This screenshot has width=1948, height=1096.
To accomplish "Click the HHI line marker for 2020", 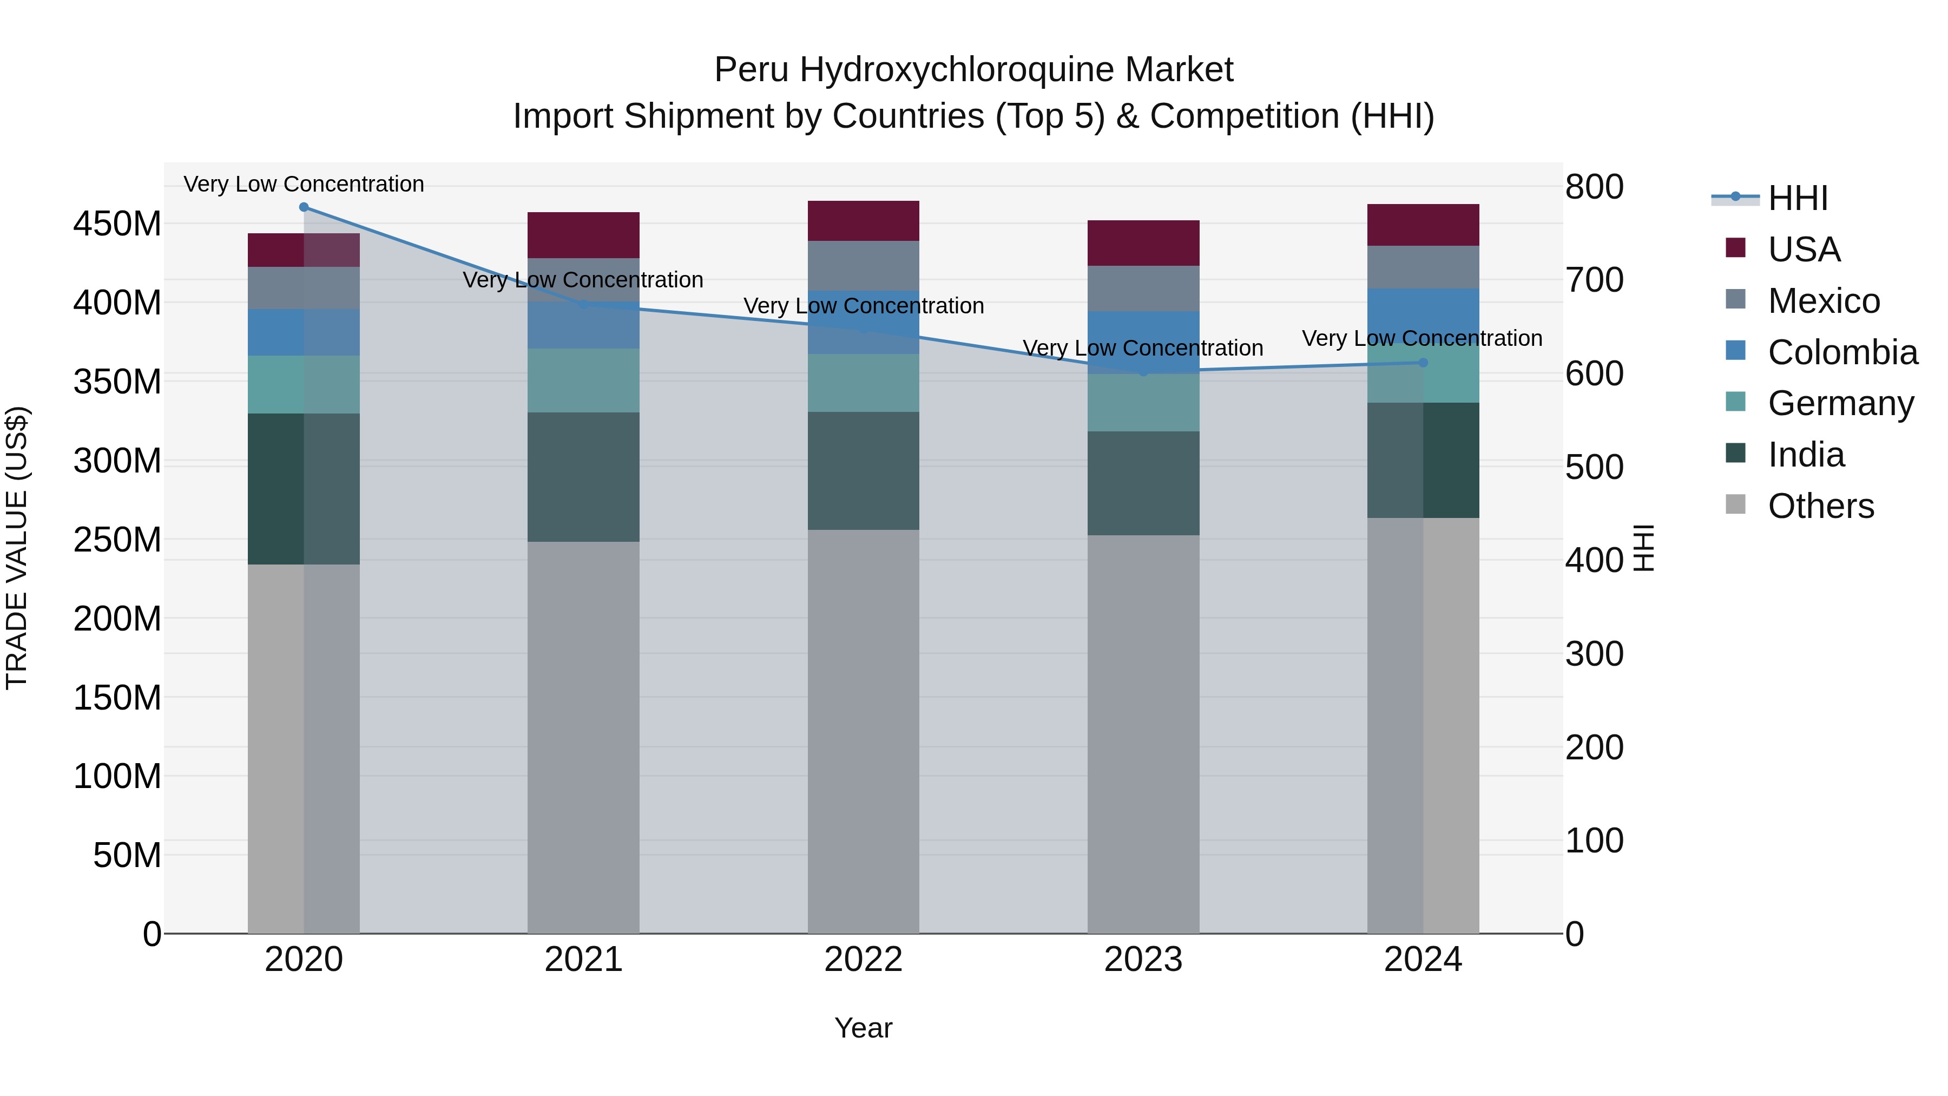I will click(304, 207).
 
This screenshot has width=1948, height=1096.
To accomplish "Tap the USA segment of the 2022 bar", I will click(863, 221).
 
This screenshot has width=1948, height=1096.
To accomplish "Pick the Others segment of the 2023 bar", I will click(1143, 734).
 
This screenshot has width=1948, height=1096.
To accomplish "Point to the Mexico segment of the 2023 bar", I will click(1143, 288).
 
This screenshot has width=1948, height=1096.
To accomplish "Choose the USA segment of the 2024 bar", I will click(1423, 225).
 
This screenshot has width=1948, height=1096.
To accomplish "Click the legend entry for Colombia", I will click(1842, 352).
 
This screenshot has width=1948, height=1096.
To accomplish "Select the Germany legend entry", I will click(1841, 403).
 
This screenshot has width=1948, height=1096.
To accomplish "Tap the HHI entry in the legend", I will click(1798, 198).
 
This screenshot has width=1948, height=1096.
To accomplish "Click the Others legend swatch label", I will click(1821, 506).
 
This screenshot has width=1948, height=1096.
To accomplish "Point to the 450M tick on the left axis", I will click(117, 224).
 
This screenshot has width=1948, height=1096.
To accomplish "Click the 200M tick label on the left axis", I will click(117, 619).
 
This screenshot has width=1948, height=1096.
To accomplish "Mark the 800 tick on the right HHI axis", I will click(1594, 187).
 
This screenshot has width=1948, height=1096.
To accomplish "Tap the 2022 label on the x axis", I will click(863, 960).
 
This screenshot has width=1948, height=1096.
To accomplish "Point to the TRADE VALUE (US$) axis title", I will click(17, 548).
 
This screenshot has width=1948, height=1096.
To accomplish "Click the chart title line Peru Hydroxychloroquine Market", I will click(973, 70).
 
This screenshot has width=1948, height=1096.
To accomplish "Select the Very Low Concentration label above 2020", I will click(304, 185).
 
